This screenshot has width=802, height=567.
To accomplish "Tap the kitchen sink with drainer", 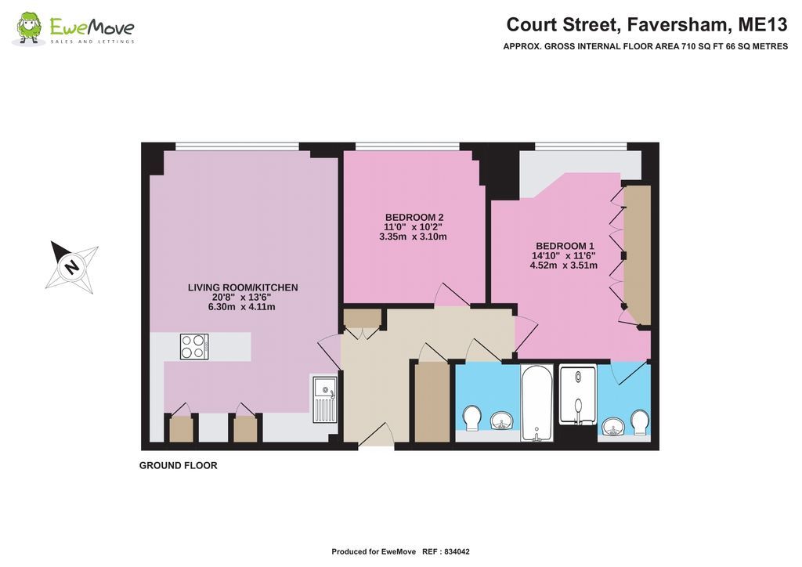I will pos(323,397).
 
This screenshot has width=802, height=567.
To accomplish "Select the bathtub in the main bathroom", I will pos(537,402).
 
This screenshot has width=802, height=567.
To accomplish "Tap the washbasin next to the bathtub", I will pos(501,422).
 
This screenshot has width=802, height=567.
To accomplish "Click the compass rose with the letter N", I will pos(72,266).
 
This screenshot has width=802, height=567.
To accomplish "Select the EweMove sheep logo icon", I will pos(29,28).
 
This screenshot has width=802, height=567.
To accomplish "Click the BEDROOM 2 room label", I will pos(414,217).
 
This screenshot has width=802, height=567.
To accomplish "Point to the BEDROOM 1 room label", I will pos(564,245).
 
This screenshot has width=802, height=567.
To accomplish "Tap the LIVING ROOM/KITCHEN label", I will pos(243,287).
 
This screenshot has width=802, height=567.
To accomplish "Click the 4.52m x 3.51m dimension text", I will pos(564,265).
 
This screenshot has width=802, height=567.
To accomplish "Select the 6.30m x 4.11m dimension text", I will pos(241,307).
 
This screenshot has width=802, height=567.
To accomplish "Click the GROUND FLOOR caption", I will pos(178,465).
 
